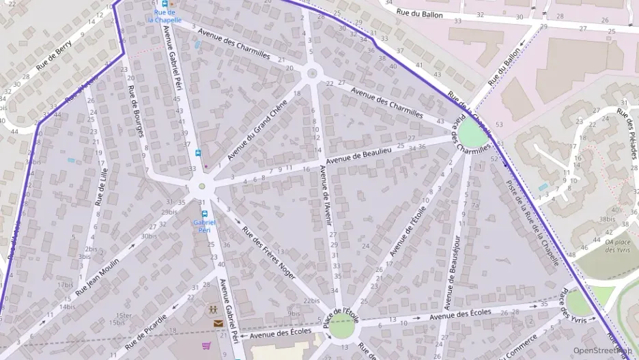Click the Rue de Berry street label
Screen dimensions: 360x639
point(55,57)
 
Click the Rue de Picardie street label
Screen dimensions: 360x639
point(146,327)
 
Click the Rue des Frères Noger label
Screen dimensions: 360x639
point(269,252)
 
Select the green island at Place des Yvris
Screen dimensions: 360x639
point(578,303)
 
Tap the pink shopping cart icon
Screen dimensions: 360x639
point(207,346)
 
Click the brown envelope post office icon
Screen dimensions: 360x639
point(216,324)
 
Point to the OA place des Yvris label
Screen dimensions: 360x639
point(618,245)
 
